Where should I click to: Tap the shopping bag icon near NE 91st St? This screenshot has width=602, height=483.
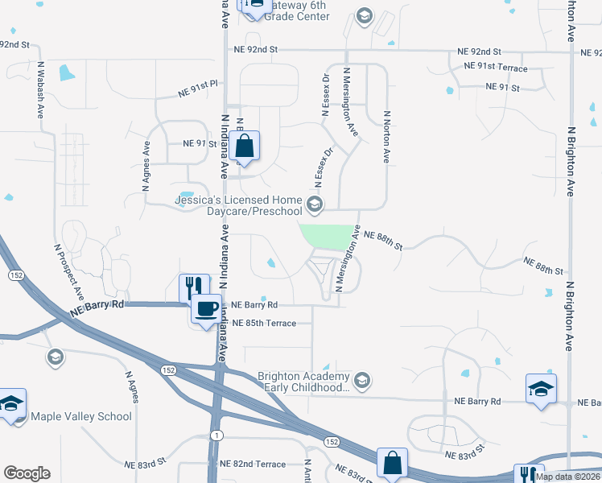pyautogui.click(x=244, y=147)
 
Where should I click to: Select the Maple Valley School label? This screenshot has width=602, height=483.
pyautogui.click(x=80, y=416)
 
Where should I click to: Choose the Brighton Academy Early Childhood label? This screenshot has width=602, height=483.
pyautogui.click(x=303, y=382)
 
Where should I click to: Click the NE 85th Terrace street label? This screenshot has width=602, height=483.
pyautogui.click(x=264, y=324)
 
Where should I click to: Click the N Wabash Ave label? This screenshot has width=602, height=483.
pyautogui.click(x=39, y=89)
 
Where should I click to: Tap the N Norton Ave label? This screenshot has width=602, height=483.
pyautogui.click(x=387, y=137)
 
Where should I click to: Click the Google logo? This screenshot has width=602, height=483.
pyautogui.click(x=26, y=473)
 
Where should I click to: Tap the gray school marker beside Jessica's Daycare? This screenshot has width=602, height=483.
pyautogui.click(x=315, y=202)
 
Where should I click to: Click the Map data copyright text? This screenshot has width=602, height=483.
pyautogui.click(x=567, y=477)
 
